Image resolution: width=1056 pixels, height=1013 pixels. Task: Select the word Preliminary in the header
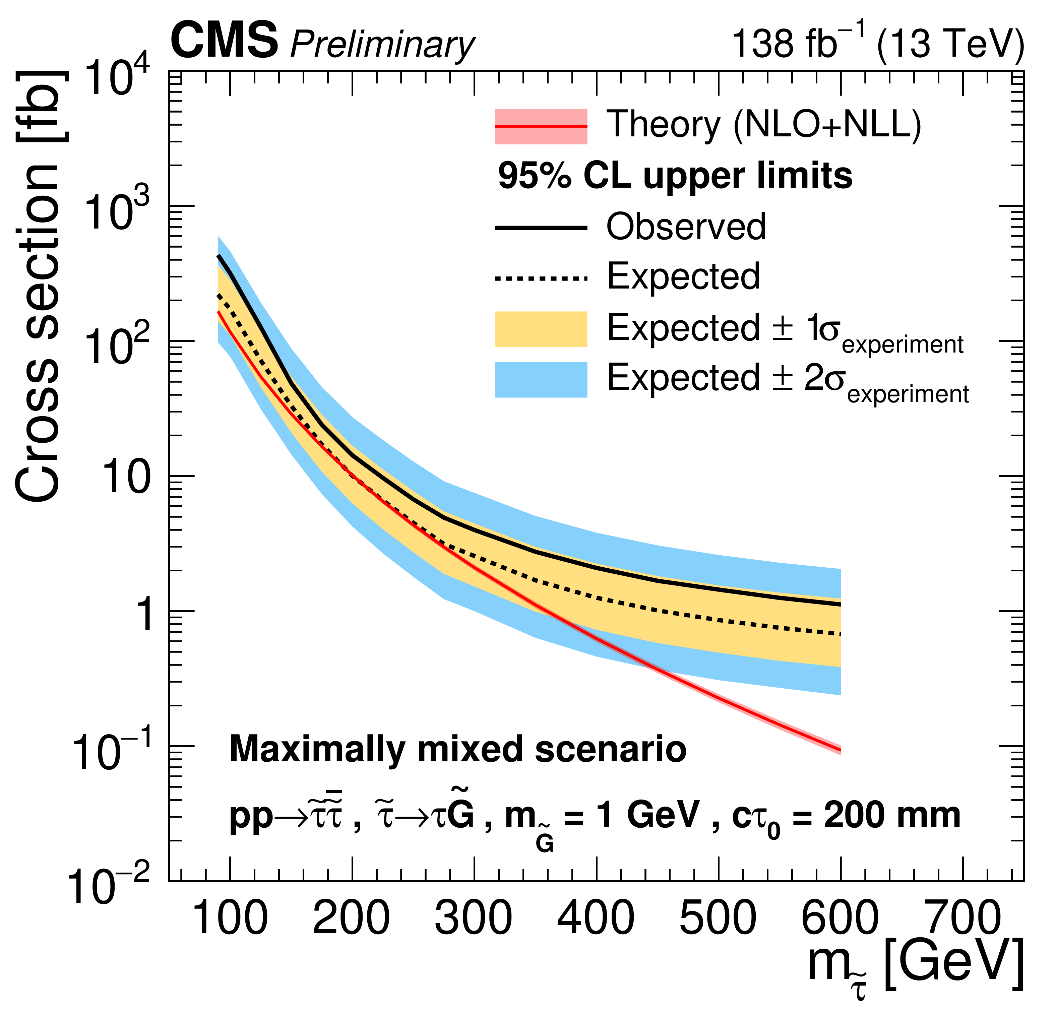382,45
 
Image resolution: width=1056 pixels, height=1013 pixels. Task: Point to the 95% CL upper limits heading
675,176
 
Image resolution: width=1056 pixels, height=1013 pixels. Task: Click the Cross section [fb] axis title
38,286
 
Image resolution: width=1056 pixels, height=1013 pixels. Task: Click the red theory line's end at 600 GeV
840,750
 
